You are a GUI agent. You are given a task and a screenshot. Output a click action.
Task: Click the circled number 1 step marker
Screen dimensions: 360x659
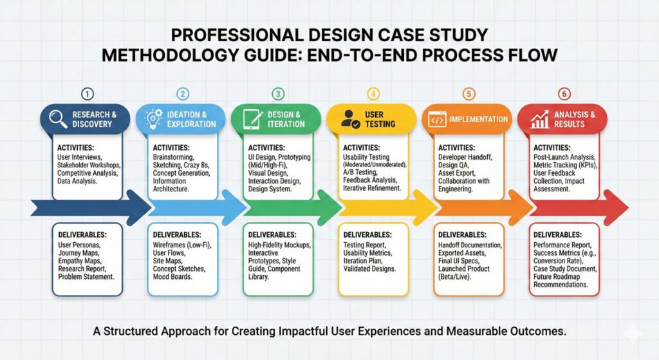(88, 93)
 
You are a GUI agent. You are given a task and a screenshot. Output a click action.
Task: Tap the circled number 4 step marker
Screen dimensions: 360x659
(373, 93)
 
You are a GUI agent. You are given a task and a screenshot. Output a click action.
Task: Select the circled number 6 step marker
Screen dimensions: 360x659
(564, 93)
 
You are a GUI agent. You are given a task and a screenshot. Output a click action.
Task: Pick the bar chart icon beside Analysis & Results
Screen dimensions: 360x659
(540, 119)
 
